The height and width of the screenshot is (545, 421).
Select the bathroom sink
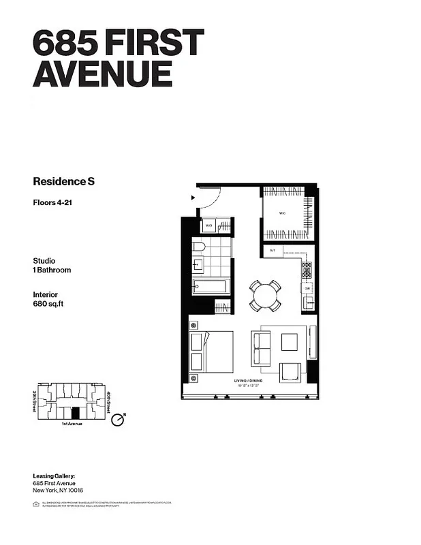tap(198, 264)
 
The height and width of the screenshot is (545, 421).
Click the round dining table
tap(264, 296)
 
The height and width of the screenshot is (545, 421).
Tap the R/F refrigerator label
tap(272, 251)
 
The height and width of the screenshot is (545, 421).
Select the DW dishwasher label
tap(308, 288)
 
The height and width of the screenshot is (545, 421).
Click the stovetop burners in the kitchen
tap(307, 270)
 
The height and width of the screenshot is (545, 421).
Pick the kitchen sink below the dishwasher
tap(309, 302)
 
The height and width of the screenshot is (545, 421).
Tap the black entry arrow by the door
tap(194, 198)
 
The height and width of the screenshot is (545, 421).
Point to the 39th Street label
tap(34, 402)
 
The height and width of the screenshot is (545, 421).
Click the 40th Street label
tap(108, 401)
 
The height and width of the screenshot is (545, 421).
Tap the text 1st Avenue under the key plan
tap(74, 424)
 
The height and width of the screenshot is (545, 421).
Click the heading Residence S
tap(63, 181)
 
